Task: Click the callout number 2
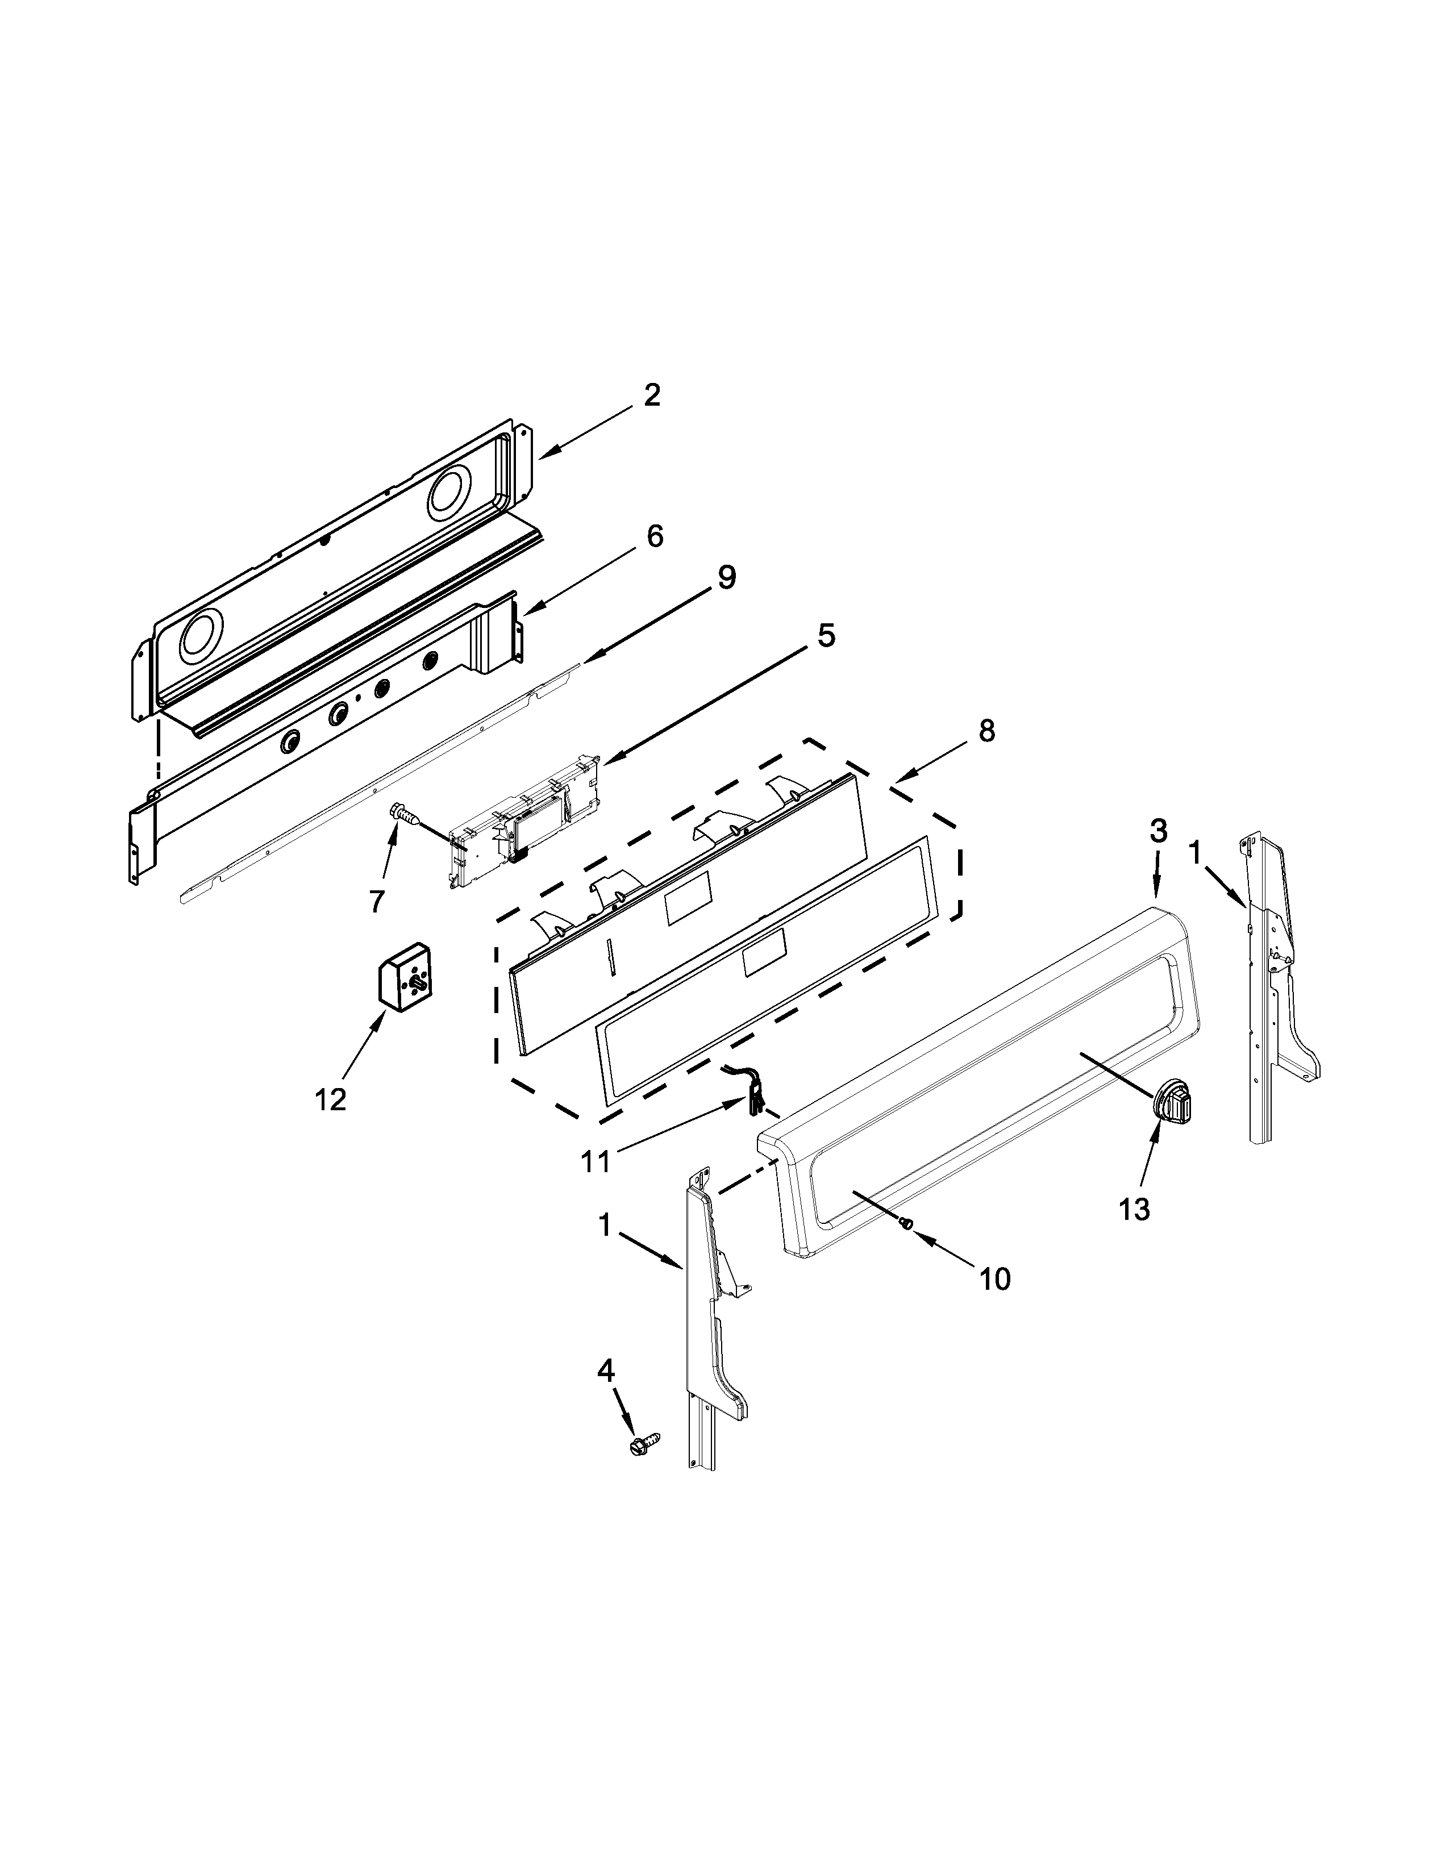pos(652,395)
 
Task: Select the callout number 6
pos(654,536)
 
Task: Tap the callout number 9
pos(726,577)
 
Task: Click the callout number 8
pos(986,731)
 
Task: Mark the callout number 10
pos(995,1303)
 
